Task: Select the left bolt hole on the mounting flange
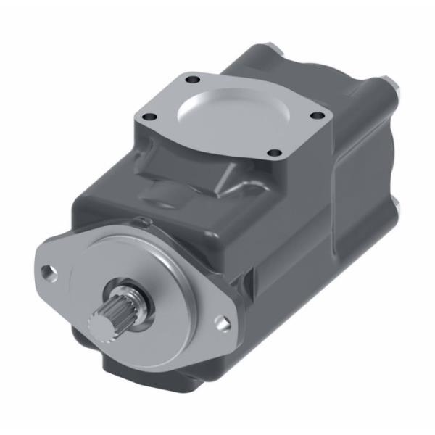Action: (x=48, y=273)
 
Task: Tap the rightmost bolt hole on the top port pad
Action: (x=316, y=113)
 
